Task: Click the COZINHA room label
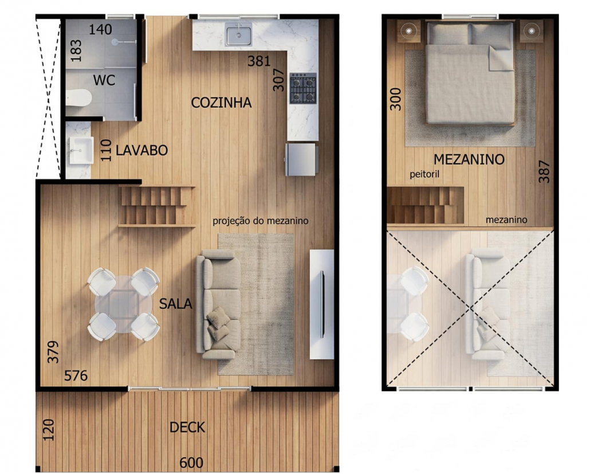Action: pyautogui.click(x=221, y=103)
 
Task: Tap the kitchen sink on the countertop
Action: pyautogui.click(x=238, y=34)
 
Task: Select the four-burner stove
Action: pyautogui.click(x=303, y=88)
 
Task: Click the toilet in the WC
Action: pyautogui.click(x=78, y=97)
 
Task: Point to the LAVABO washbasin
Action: pyautogui.click(x=81, y=150)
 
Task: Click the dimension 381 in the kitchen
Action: pyautogui.click(x=259, y=61)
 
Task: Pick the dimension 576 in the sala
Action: pyautogui.click(x=76, y=375)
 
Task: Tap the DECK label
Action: pyautogui.click(x=187, y=428)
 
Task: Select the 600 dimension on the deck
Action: pyautogui.click(x=191, y=463)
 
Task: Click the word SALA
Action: pyautogui.click(x=175, y=304)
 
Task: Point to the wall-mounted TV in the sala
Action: pyautogui.click(x=322, y=304)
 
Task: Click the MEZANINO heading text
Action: pyautogui.click(x=469, y=159)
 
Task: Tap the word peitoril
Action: pyautogui.click(x=424, y=174)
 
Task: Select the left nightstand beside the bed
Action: pyautogui.click(x=409, y=31)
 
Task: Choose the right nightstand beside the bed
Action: pyautogui.click(x=532, y=31)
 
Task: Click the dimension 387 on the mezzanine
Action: pyautogui.click(x=544, y=172)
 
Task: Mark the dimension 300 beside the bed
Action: pyautogui.click(x=395, y=99)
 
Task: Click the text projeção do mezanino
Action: pyautogui.click(x=261, y=221)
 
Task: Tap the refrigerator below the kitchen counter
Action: pyautogui.click(x=301, y=159)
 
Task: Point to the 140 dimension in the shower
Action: pyautogui.click(x=100, y=29)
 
